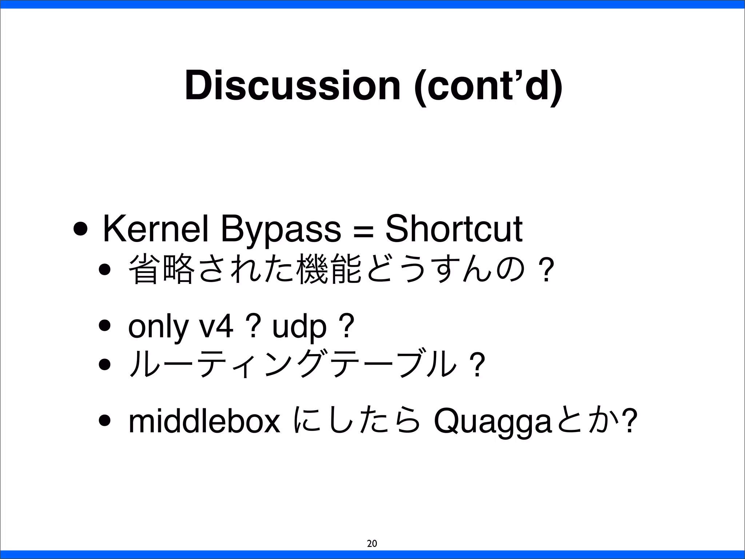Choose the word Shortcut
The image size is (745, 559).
tap(454, 229)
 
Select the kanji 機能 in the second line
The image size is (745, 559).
tap(328, 269)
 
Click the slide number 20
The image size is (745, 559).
tap(372, 544)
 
